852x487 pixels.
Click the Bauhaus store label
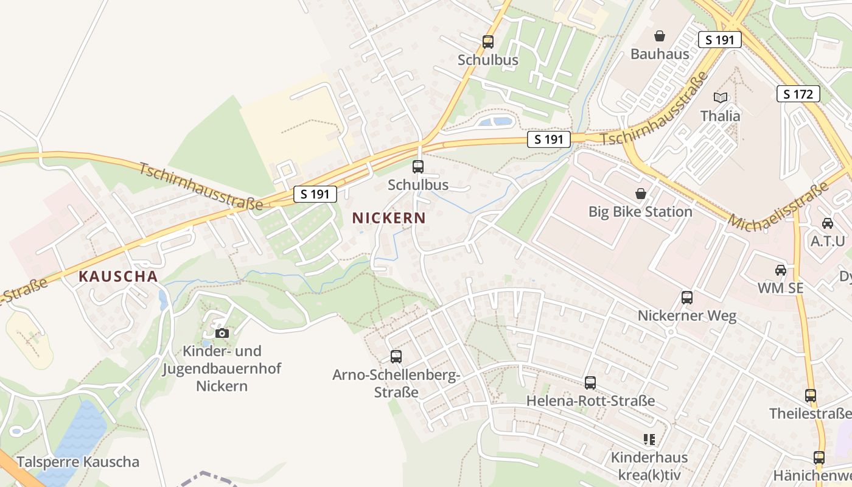click(660, 54)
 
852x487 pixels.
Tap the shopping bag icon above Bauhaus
click(660, 37)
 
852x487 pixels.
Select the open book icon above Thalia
click(721, 97)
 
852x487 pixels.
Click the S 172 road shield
click(798, 94)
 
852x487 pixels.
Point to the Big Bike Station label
click(640, 212)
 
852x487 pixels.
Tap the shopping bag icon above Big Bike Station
click(640, 194)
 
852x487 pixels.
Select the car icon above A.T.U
click(828, 223)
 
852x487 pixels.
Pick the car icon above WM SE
click(780, 270)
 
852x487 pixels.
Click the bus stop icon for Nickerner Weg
click(687, 298)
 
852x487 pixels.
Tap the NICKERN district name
click(389, 218)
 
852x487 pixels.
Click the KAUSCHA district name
click(118, 276)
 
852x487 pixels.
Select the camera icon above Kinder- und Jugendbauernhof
click(222, 333)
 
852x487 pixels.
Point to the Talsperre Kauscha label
click(78, 461)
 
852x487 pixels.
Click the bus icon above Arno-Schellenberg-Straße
click(396, 357)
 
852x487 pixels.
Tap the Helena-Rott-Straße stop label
click(590, 401)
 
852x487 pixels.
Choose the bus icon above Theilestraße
click(810, 396)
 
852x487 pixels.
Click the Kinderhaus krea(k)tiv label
click(649, 466)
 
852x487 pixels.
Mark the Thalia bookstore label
click(721, 116)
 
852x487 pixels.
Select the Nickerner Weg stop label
click(687, 316)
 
